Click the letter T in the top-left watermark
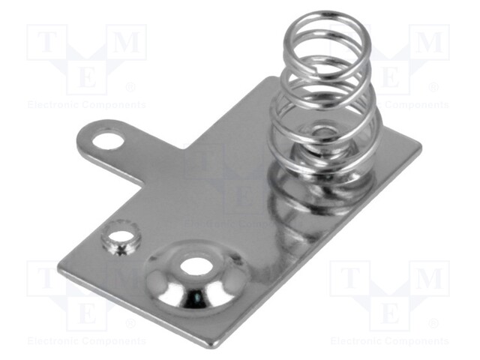(43, 43)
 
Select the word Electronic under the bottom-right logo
(360, 341)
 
